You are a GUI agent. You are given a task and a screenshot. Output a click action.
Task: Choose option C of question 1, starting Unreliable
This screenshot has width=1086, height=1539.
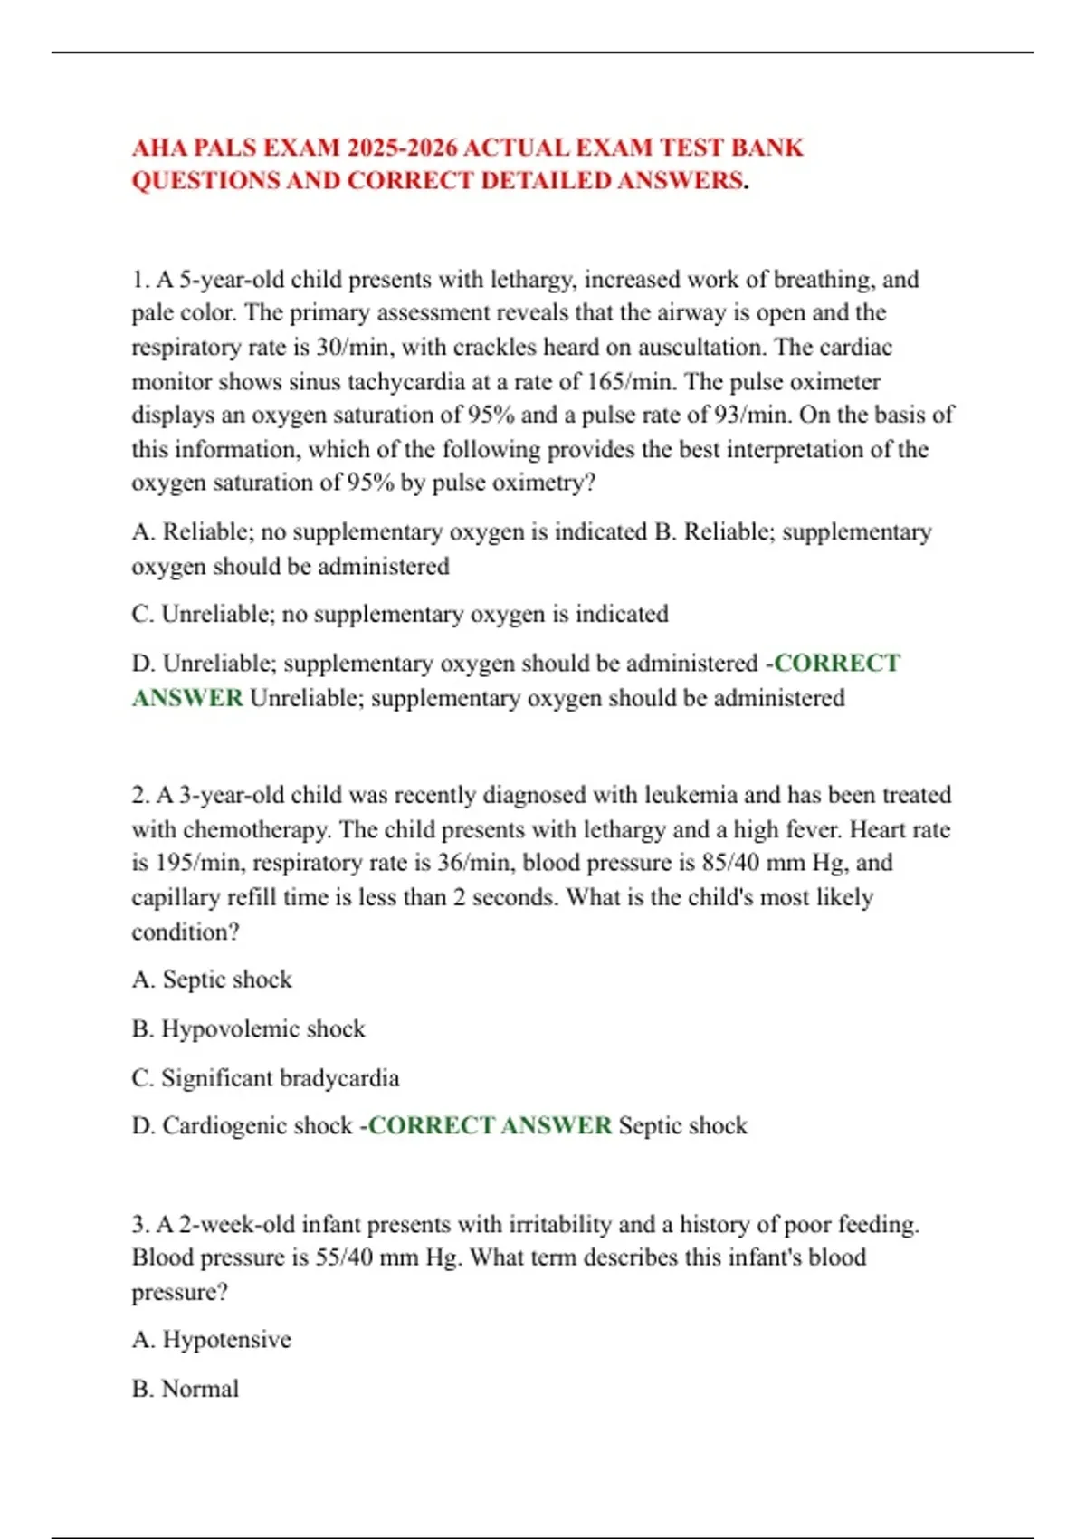[400, 614]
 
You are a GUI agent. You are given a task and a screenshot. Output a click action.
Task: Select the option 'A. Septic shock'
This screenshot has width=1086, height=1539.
[212, 980]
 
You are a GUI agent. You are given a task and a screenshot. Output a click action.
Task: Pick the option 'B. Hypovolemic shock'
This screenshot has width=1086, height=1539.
[248, 1029]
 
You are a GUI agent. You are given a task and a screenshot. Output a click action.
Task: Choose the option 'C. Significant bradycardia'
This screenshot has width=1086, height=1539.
[265, 1078]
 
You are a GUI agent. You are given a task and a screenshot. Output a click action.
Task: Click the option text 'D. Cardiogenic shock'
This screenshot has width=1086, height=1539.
[242, 1126]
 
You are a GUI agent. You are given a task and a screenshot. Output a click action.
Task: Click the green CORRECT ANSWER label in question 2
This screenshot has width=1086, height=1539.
[490, 1126]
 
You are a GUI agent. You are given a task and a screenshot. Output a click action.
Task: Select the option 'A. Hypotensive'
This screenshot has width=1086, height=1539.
[212, 1340]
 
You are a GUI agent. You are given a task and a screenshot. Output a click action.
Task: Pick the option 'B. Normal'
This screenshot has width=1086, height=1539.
[186, 1389]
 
